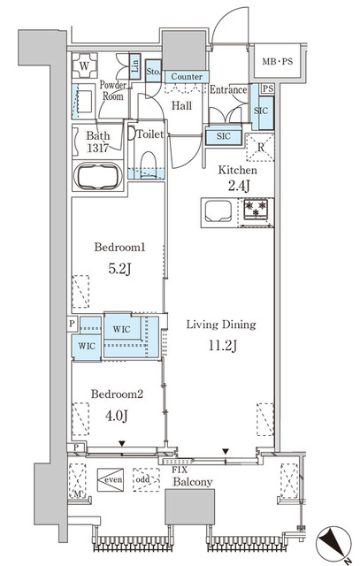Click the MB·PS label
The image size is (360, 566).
click(278, 61)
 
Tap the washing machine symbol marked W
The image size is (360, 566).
click(85, 65)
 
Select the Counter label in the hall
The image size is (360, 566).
click(187, 77)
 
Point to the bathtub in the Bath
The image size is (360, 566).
click(97, 176)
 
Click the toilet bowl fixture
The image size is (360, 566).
click(148, 164)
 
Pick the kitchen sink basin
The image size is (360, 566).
click(218, 210)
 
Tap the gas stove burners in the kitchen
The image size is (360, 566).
click(256, 210)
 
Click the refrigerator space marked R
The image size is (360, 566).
click(260, 147)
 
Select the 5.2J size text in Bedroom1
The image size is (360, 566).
click(120, 269)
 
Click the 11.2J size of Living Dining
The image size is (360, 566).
click(222, 346)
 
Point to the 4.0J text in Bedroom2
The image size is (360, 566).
click(116, 416)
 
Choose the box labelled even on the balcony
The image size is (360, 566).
click(111, 479)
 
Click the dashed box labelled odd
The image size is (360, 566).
click(146, 479)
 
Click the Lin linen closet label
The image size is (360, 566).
click(134, 66)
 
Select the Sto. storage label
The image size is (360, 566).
click(153, 72)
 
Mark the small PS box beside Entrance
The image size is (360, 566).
click(268, 88)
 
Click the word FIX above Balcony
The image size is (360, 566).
click(180, 470)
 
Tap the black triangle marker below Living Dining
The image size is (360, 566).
click(226, 451)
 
